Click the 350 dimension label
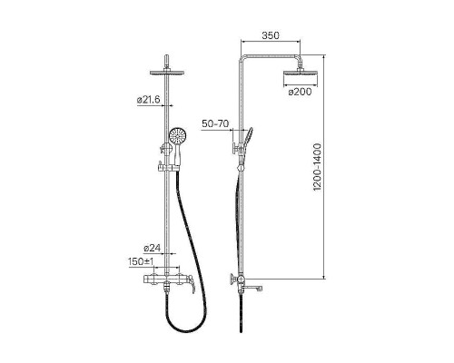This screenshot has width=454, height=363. click(271, 35)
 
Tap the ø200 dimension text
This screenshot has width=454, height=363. click(300, 92)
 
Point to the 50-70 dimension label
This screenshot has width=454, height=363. click(215, 123)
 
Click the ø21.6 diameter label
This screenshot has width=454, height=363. click(148, 100)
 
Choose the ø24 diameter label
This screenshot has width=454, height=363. click(152, 248)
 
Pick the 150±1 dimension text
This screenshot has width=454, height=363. click(141, 261)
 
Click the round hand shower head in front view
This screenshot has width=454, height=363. click(178, 136)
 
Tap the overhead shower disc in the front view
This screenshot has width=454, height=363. click(167, 73)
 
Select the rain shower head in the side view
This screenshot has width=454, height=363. click(301, 74)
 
